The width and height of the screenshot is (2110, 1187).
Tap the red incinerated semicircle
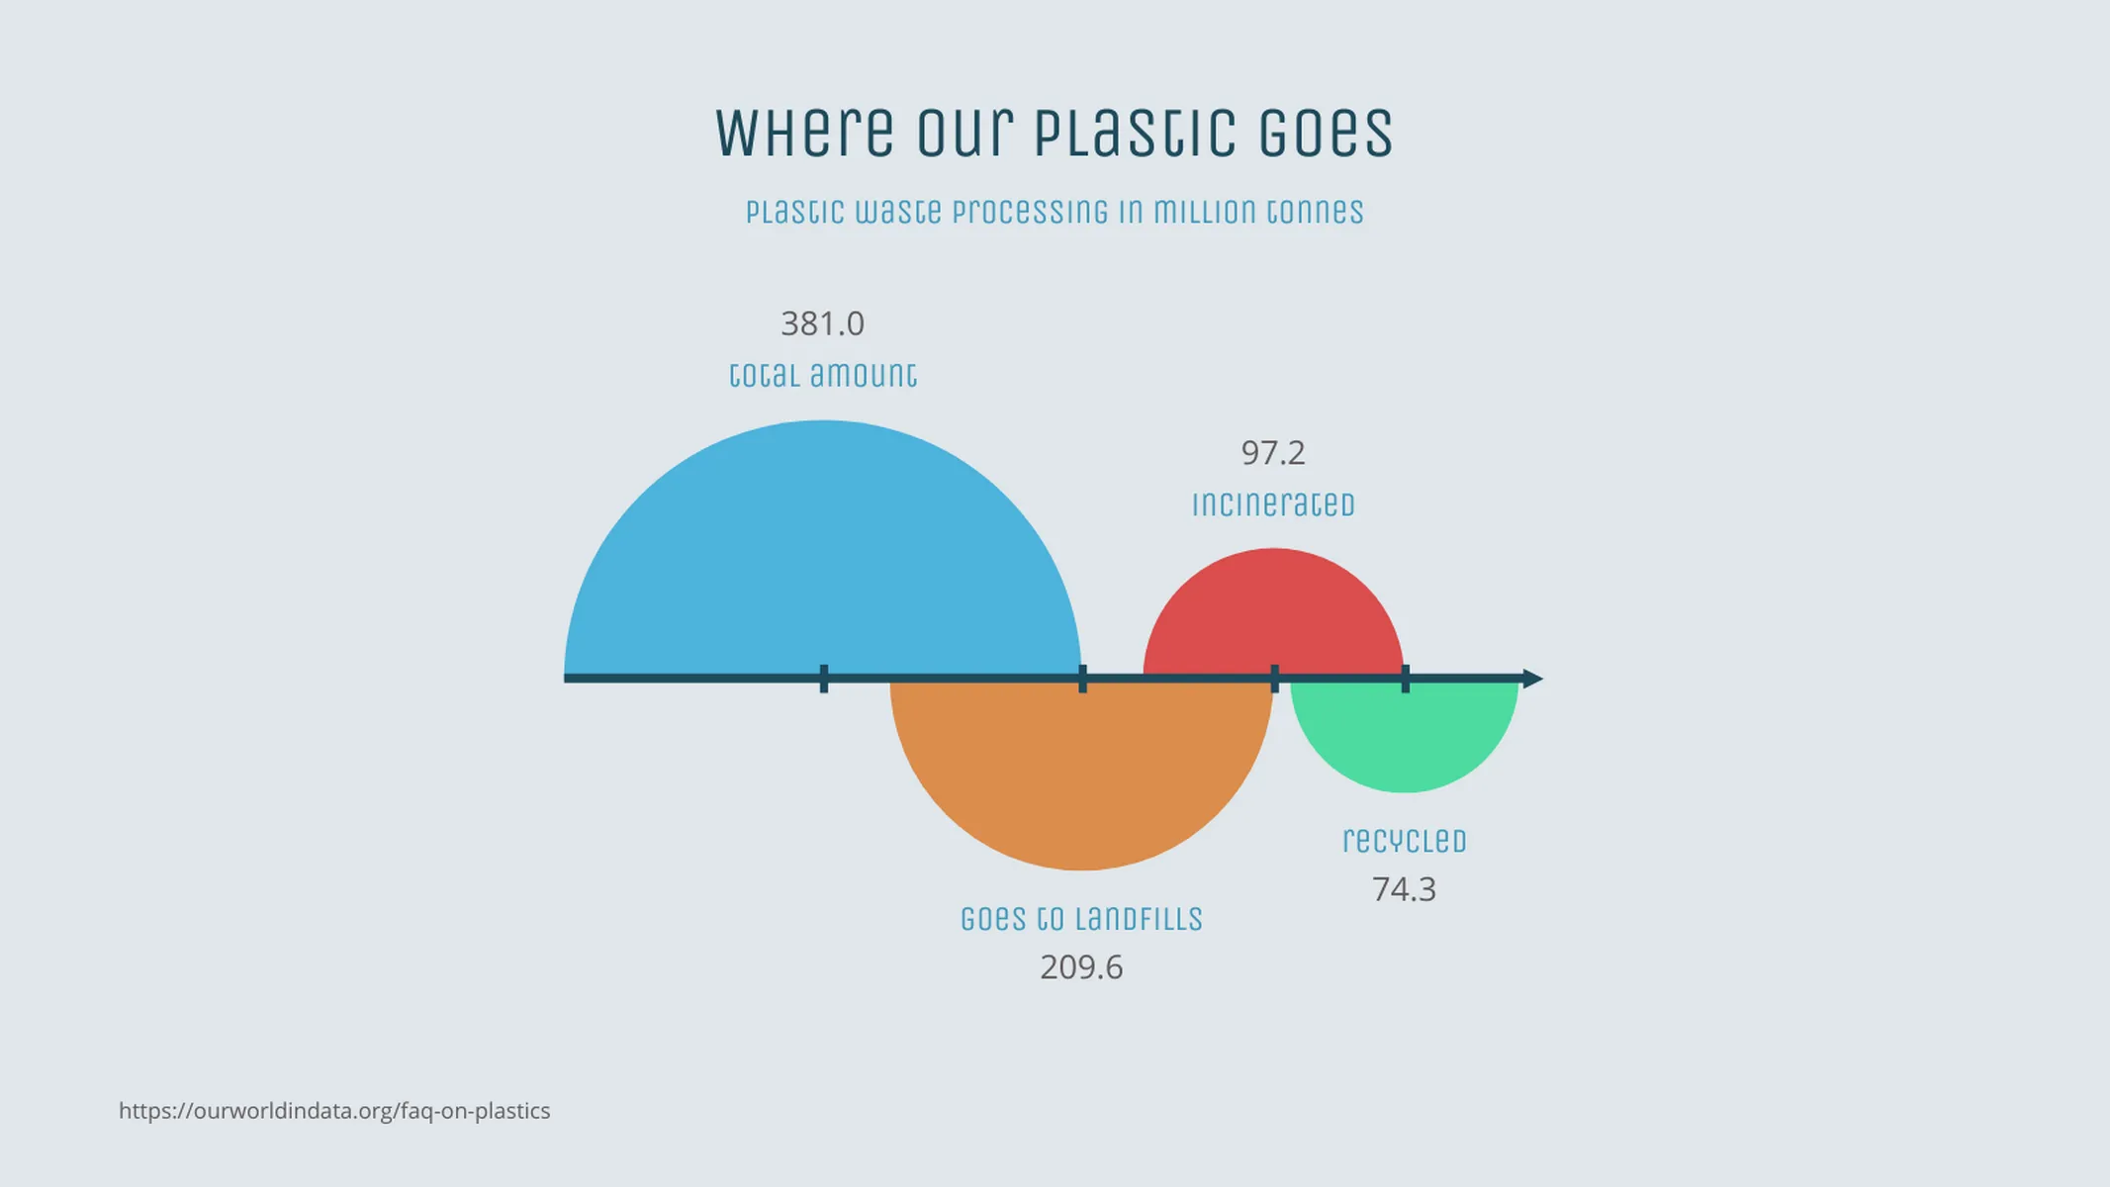point(1273,613)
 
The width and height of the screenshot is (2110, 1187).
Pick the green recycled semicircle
point(1404,737)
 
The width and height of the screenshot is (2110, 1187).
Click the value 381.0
point(822,323)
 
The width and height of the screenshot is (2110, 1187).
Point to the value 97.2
point(1273,453)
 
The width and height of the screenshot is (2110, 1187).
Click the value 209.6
point(1081,967)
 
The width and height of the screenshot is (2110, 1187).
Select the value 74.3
point(1404,889)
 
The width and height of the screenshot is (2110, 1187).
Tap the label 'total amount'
point(822,375)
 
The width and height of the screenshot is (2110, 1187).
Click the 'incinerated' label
point(1273,504)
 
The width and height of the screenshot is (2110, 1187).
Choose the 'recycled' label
point(1404,841)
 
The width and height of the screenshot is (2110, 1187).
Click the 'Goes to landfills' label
point(1081,919)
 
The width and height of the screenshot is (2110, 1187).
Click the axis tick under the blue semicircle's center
point(824,679)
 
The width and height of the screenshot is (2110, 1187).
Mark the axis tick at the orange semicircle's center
point(1082,679)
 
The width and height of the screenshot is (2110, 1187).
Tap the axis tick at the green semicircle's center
point(1405,679)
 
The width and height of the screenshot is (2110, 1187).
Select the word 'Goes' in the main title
point(1326,133)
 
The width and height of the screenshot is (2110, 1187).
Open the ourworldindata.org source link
point(334,1111)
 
